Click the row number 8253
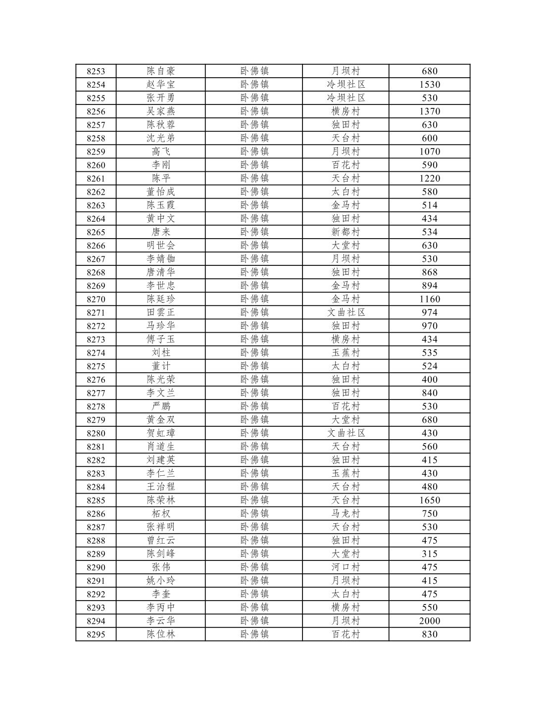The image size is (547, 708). [x=96, y=71]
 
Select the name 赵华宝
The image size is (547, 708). [x=161, y=85]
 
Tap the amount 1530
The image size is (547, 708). [x=429, y=85]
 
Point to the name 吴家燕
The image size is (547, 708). [x=161, y=111]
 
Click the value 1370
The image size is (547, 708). [x=429, y=111]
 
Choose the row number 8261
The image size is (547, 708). [x=96, y=179]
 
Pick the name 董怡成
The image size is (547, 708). [x=161, y=192]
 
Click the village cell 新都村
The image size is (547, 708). [x=346, y=232]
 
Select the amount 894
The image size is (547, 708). [x=429, y=286]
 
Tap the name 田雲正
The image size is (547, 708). [x=161, y=312]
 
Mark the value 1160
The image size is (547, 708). [x=429, y=299]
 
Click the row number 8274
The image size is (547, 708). [x=96, y=353]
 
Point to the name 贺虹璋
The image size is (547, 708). [x=161, y=433]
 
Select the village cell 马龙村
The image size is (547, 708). [x=346, y=513]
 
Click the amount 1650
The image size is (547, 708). [x=429, y=500]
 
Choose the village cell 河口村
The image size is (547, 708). [x=346, y=567]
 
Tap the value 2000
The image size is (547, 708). [x=429, y=621]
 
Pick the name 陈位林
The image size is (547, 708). [x=161, y=634]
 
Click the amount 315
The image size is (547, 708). [x=429, y=554]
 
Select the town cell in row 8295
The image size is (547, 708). [x=254, y=634]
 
